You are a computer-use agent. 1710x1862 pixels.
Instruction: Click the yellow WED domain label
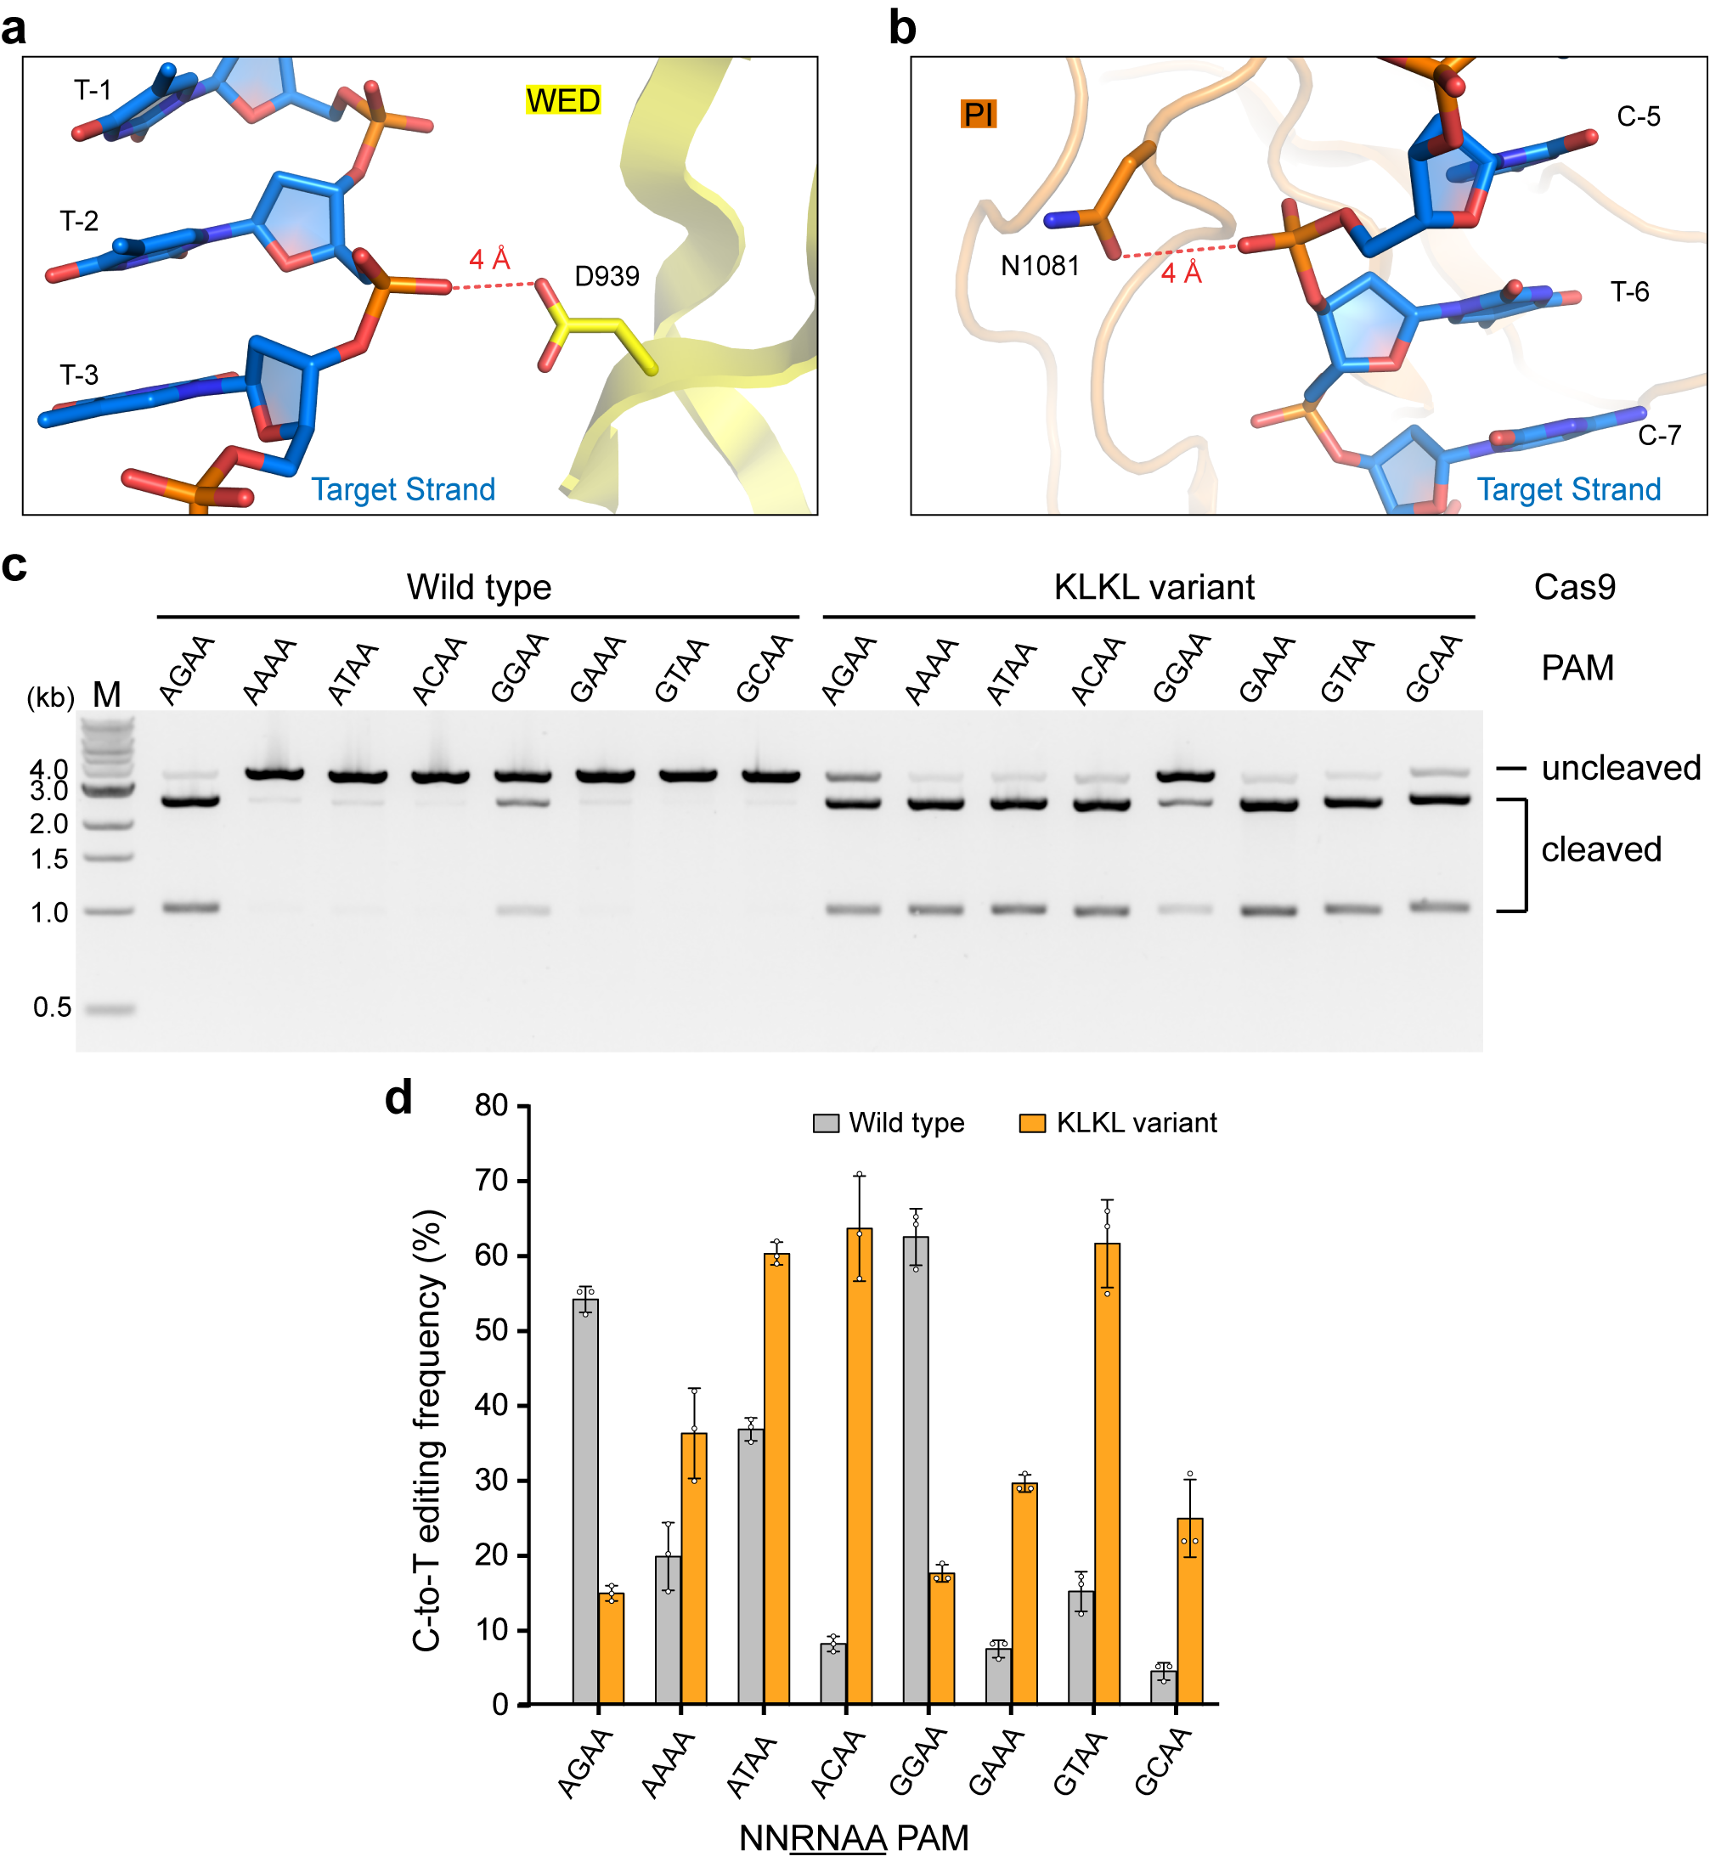[x=562, y=100]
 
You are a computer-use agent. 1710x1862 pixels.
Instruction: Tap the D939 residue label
[x=606, y=276]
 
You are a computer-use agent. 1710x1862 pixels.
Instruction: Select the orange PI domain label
[x=978, y=114]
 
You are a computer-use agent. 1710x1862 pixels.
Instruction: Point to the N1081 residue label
[x=1040, y=267]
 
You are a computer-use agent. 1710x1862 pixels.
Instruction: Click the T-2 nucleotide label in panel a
[x=79, y=221]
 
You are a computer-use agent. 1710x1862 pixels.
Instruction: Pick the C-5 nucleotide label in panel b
[x=1638, y=116]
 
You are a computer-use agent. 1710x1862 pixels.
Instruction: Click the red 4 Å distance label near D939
[x=489, y=259]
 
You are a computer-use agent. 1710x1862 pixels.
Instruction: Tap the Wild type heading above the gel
[x=478, y=587]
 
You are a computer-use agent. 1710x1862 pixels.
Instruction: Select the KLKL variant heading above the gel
[x=1153, y=587]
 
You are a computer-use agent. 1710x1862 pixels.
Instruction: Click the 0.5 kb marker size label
[x=52, y=1007]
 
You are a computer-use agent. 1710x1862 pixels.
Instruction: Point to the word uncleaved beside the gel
[x=1620, y=767]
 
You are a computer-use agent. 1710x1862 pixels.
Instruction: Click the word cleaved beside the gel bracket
[x=1600, y=849]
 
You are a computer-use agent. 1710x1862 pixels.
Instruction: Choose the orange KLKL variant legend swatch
[x=1032, y=1124]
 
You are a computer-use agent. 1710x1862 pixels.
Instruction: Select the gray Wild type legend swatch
[x=826, y=1124]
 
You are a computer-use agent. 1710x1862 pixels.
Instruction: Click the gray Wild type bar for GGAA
[x=915, y=1471]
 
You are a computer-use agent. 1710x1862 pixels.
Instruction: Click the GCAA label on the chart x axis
[x=1163, y=1763]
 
